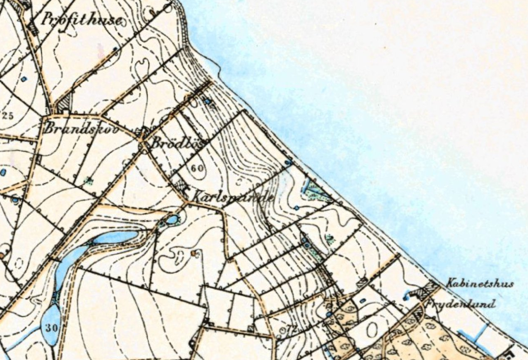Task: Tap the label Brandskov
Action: click(x=81, y=129)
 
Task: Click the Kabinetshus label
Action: click(x=480, y=284)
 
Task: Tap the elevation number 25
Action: click(x=7, y=115)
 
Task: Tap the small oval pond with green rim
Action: click(x=171, y=219)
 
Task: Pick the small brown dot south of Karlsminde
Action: click(x=193, y=252)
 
